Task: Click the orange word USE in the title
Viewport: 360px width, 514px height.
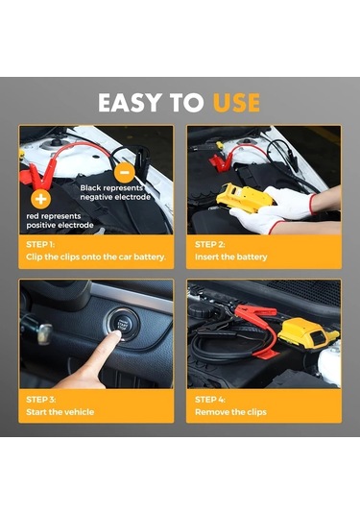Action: coord(236,103)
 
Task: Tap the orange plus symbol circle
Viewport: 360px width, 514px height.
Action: coord(40,199)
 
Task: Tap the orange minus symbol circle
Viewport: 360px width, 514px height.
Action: coord(125,173)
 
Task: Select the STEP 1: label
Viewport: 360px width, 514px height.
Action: coord(40,245)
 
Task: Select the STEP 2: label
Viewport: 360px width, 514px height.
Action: coord(209,245)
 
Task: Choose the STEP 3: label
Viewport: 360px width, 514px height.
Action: coord(41,400)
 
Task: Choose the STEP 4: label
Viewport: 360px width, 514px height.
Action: coord(210,400)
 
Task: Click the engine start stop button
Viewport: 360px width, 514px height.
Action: coord(122,325)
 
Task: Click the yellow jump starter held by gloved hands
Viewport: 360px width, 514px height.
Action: coord(243,197)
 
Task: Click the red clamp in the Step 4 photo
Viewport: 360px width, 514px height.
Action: coord(255,310)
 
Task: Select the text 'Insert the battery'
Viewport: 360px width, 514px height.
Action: coord(231,257)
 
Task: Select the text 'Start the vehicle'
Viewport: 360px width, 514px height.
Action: coord(60,412)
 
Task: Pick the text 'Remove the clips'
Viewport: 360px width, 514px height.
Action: coord(230,412)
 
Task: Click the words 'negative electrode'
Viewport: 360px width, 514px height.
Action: coord(115,197)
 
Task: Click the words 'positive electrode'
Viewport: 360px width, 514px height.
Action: coord(60,225)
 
